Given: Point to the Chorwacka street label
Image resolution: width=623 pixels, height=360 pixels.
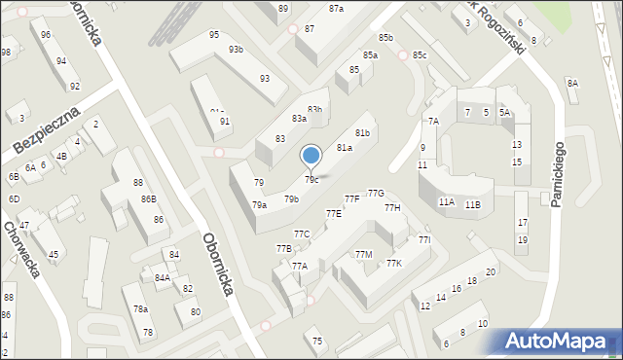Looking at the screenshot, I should click(x=20, y=249).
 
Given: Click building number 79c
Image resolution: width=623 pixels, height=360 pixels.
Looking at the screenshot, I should click(x=311, y=180).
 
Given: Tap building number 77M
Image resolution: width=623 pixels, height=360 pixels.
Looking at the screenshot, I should click(x=363, y=255).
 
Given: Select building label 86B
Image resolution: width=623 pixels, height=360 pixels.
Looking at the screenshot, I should click(x=148, y=199).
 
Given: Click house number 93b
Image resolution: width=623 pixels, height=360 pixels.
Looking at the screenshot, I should click(x=236, y=50).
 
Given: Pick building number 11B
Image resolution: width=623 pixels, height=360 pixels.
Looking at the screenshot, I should click(x=472, y=204).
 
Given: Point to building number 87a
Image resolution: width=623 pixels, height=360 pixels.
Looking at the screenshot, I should click(x=336, y=8).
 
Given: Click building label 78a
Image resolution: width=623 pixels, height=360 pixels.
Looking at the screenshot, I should click(x=141, y=309).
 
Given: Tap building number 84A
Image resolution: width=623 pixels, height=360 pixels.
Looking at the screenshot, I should click(x=162, y=277).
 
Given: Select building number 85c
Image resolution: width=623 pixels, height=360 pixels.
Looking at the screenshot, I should click(x=419, y=55).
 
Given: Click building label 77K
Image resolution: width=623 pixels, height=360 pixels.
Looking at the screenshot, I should click(x=393, y=264).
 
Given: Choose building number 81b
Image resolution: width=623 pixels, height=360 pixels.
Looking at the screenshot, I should click(x=362, y=132).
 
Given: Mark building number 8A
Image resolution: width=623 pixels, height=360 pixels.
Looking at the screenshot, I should click(x=572, y=84).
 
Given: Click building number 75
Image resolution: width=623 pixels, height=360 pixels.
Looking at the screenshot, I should click(x=317, y=341).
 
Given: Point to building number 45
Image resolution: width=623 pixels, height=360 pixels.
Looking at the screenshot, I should click(x=53, y=255).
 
